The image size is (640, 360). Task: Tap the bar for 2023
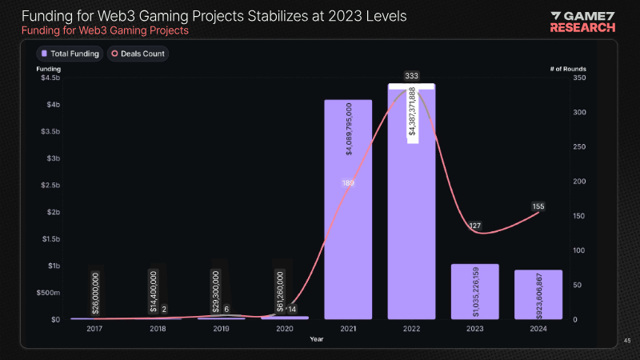click(x=475, y=291)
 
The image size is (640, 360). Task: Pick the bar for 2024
click(x=538, y=294)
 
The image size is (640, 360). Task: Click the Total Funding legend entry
click(x=70, y=54)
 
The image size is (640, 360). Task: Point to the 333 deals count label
click(x=412, y=76)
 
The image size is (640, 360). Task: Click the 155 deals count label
click(x=538, y=206)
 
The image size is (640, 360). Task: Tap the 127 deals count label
click(x=475, y=226)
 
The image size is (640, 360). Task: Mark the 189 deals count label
click(x=348, y=183)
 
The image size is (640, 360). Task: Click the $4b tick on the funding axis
click(x=51, y=105)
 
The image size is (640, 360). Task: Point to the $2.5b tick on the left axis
click(x=49, y=186)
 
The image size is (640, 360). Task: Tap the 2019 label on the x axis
click(x=222, y=328)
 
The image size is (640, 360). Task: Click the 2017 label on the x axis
click(x=95, y=328)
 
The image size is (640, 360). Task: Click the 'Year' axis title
click(x=318, y=338)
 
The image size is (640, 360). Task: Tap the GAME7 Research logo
click(x=582, y=22)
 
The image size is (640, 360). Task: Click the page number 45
click(x=627, y=341)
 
